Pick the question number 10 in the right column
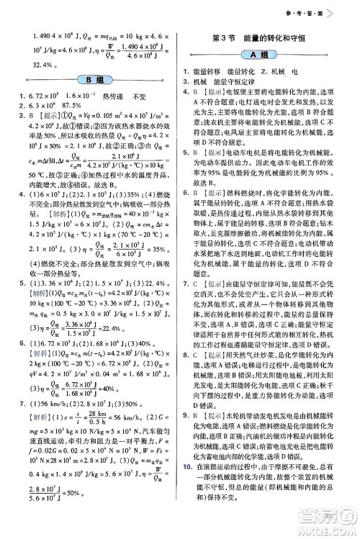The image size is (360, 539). pyautogui.click(x=187, y=468)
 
